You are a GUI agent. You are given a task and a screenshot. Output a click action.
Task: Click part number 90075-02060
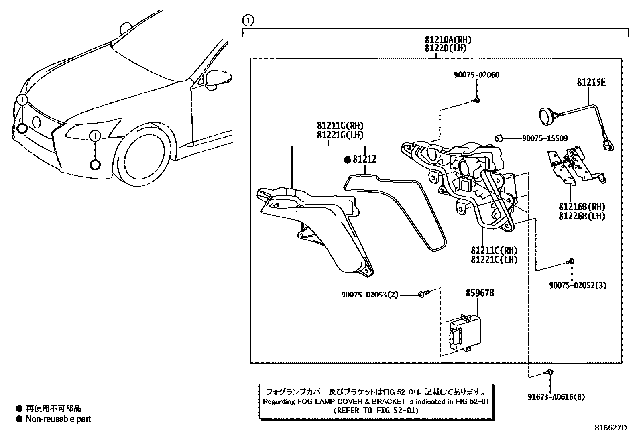[476, 75]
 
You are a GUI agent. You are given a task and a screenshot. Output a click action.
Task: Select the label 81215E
[591, 83]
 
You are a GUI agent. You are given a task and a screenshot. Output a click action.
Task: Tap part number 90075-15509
[545, 138]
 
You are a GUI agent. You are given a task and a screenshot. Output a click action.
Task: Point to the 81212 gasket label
[364, 159]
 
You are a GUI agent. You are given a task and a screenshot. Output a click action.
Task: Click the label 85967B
[480, 293]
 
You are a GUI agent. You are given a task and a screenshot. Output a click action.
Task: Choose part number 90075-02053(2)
[370, 295]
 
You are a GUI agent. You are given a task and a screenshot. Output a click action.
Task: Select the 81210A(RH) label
[448, 40]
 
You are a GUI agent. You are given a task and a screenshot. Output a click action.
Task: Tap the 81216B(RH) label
[582, 207]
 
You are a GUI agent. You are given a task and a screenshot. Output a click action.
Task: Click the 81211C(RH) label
[494, 251]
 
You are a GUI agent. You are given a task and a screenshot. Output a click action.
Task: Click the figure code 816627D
[610, 427]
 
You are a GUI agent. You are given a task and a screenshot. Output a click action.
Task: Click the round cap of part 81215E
[546, 116]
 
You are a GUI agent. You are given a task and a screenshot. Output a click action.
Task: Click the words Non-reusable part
[59, 419]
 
